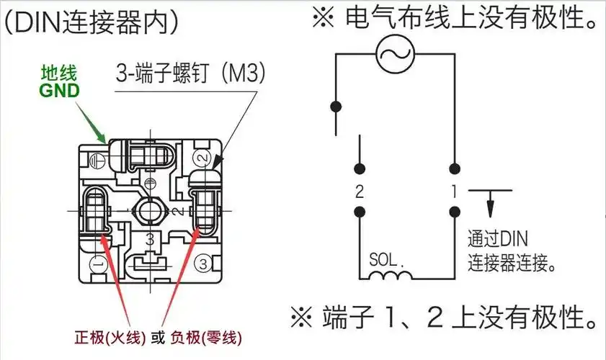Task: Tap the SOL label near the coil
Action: (x=383, y=259)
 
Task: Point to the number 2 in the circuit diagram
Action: (x=358, y=192)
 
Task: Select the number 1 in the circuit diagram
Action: (x=455, y=192)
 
